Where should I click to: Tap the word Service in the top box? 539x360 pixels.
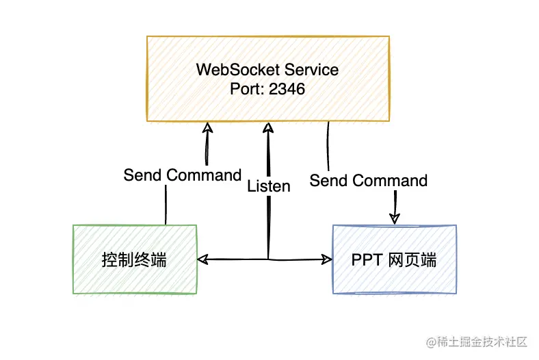tap(312, 70)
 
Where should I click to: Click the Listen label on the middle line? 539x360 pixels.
tap(268, 186)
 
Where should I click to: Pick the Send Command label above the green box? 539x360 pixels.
tap(182, 175)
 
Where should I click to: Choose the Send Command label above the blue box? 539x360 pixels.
tap(368, 181)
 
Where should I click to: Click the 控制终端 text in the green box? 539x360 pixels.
tap(134, 260)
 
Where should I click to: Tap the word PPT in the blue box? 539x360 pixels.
tap(368, 261)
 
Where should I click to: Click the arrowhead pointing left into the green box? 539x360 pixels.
tap(202, 259)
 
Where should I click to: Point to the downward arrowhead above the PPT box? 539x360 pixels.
tap(395, 218)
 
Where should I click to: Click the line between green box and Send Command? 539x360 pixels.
tap(166, 205)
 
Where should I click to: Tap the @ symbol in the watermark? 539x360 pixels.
tap(432, 341)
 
